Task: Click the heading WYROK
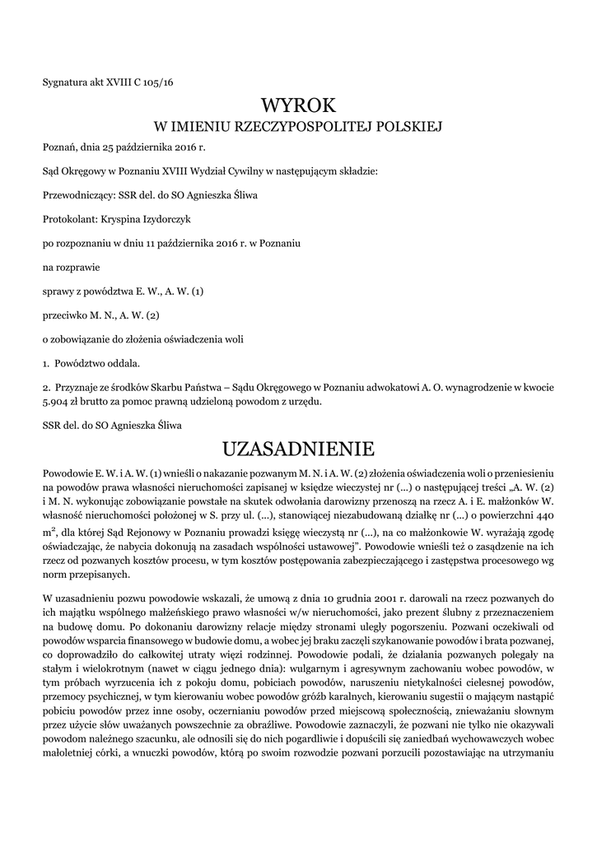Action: [298, 105]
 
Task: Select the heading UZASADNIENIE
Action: [298, 449]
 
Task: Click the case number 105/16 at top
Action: [159, 82]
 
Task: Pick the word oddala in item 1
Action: [122, 362]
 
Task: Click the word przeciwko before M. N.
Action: [66, 314]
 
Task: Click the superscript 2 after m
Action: [53, 530]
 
